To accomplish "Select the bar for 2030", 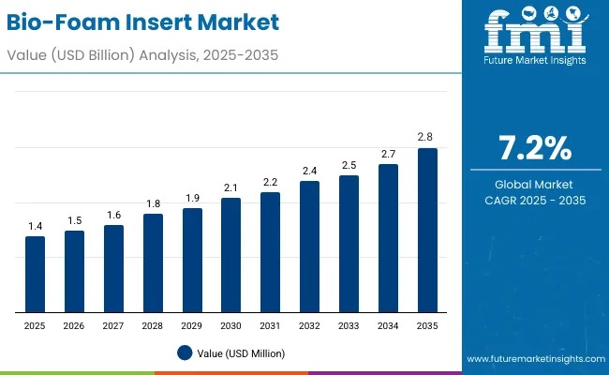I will point(230,255).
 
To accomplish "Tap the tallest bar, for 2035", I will point(426,230).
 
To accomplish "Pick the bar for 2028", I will point(153,262).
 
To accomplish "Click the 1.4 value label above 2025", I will point(35,226).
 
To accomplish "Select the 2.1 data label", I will point(230,187).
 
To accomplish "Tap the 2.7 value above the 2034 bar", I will point(387,154).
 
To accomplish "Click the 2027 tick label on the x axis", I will point(113,324).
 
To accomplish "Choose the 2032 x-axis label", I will point(309,324).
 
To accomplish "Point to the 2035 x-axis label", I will point(426,324).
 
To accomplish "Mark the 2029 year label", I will point(191,324).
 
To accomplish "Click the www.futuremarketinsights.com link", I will point(531,359).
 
